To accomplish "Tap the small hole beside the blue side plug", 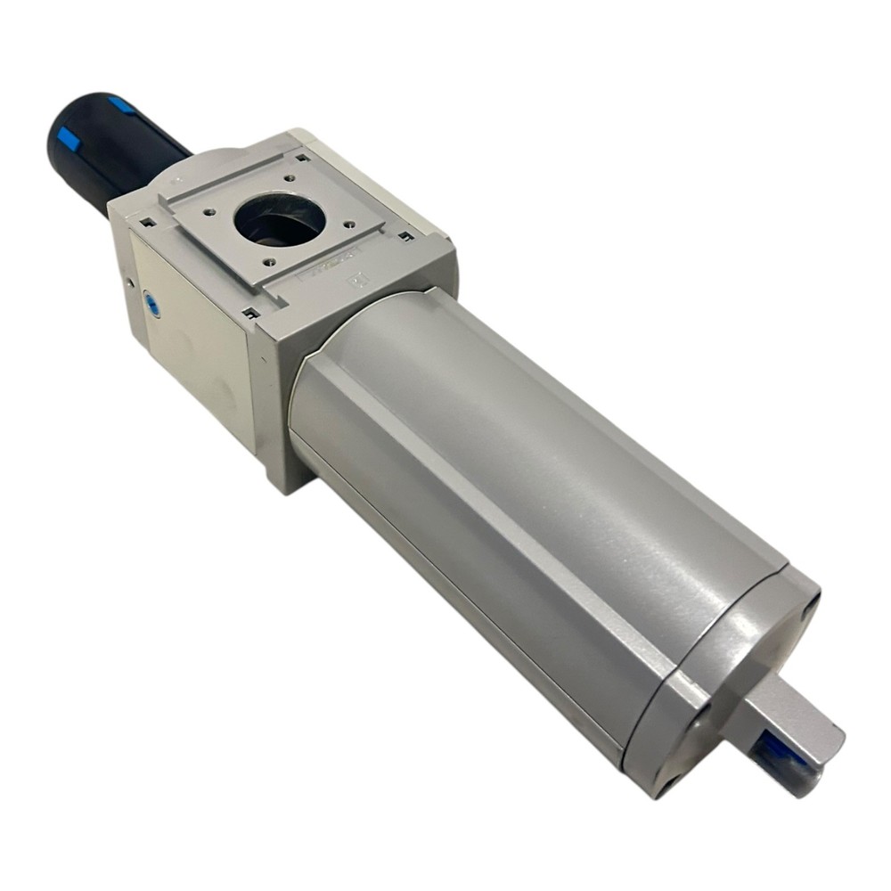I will click(x=132, y=283).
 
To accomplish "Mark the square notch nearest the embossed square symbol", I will click(x=406, y=236).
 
